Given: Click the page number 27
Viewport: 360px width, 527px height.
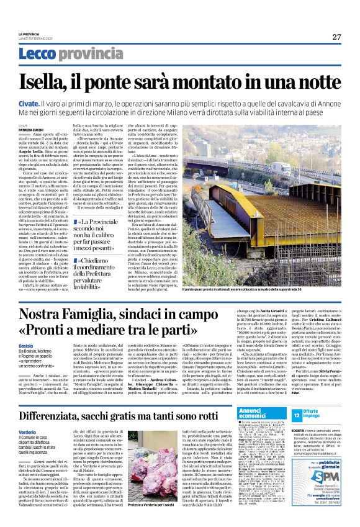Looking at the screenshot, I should click(336, 37).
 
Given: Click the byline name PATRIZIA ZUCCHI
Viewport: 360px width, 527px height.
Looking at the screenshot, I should click(29, 129).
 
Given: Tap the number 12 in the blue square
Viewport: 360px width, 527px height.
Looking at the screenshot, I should click(297, 415).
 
